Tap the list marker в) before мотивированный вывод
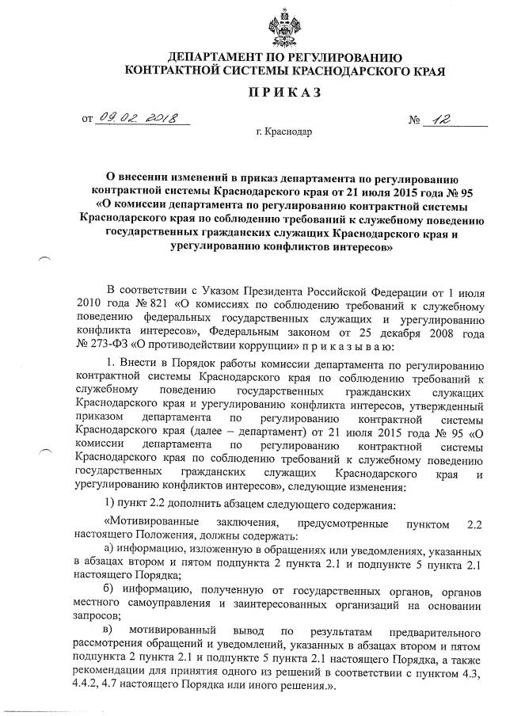(111, 630)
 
